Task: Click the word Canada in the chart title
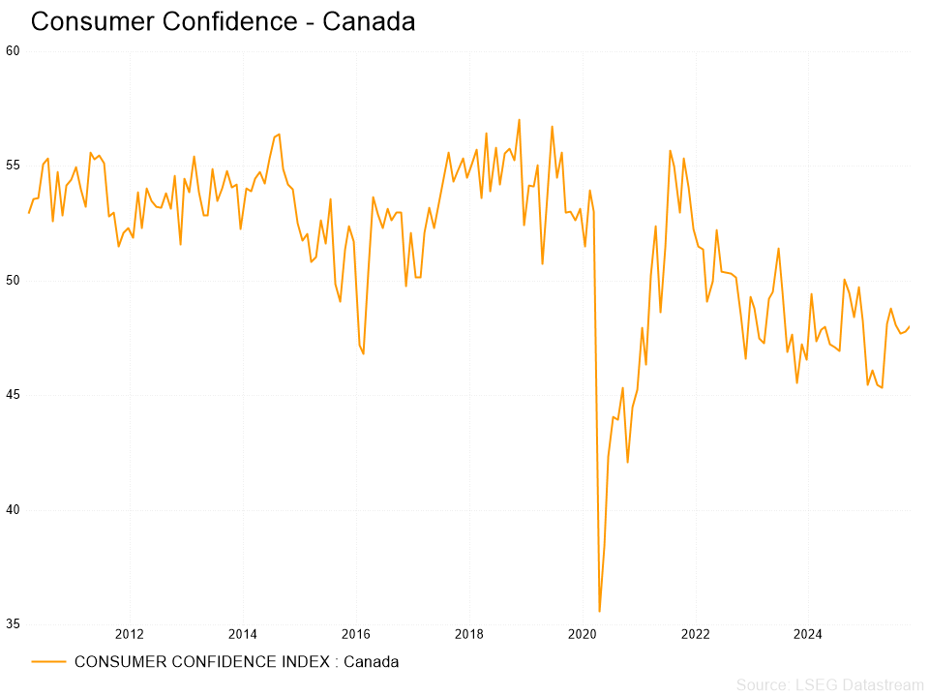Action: click(x=369, y=21)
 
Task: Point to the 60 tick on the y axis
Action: click(x=13, y=50)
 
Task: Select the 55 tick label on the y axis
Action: click(x=13, y=166)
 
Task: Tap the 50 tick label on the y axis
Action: click(x=13, y=281)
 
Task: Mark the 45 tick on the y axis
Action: click(x=13, y=395)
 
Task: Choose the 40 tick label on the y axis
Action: click(x=13, y=510)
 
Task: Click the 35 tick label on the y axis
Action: click(x=13, y=624)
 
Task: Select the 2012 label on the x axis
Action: click(x=129, y=635)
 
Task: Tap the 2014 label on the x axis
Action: click(x=242, y=635)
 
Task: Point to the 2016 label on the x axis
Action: click(x=355, y=635)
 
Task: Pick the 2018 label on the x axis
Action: click(x=468, y=635)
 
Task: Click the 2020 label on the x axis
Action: click(x=582, y=635)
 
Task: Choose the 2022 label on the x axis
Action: click(x=695, y=635)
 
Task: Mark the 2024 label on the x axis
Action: click(x=808, y=635)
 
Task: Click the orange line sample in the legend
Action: click(x=48, y=662)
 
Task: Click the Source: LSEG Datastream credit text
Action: click(x=829, y=685)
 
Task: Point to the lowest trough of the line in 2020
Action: click(x=599, y=611)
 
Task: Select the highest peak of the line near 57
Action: click(x=519, y=120)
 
